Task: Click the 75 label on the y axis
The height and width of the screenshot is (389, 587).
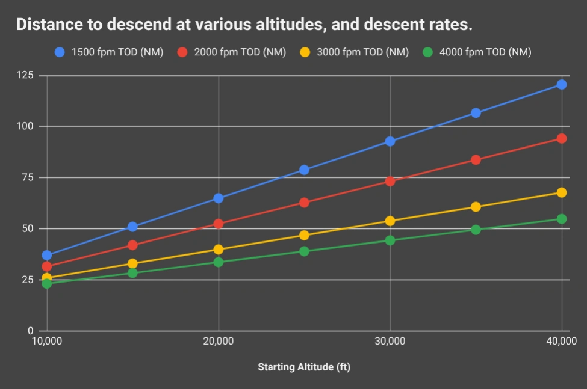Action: click(x=28, y=177)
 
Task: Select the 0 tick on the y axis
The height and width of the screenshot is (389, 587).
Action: click(x=30, y=331)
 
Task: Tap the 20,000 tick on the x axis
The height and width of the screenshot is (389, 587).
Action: click(x=218, y=342)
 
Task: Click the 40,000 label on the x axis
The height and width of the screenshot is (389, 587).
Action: click(x=561, y=342)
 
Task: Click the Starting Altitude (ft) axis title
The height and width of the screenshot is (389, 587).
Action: click(x=304, y=367)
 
